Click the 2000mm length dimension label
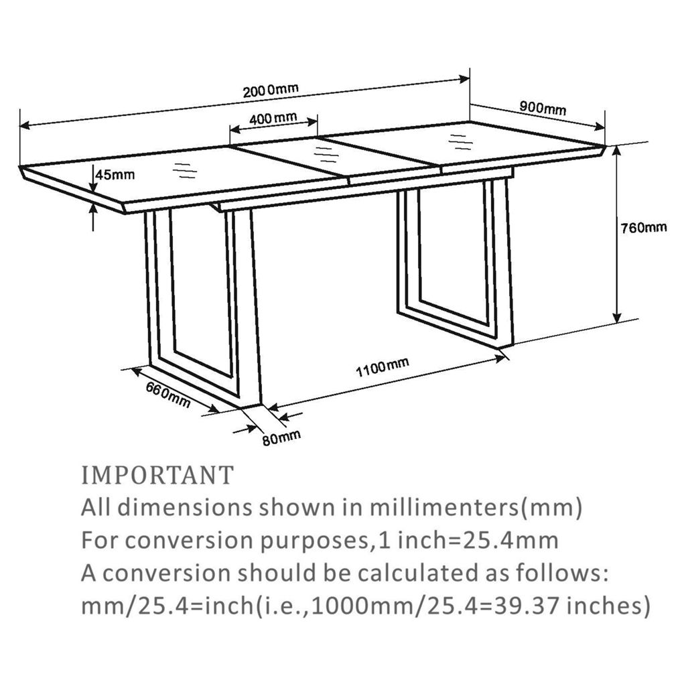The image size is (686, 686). click(x=271, y=90)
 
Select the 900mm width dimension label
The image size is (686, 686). click(x=543, y=107)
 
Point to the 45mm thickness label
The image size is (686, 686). click(x=116, y=175)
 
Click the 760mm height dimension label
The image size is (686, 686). click(x=644, y=228)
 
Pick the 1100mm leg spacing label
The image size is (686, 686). click(x=383, y=366)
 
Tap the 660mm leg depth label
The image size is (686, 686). click(x=168, y=394)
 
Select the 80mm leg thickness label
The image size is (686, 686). click(x=282, y=437)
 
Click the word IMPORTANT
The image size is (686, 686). click(x=158, y=476)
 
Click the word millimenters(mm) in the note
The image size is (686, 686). click(x=476, y=508)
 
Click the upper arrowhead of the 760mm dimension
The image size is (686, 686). click(x=617, y=151)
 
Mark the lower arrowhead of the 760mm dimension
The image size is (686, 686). click(x=617, y=318)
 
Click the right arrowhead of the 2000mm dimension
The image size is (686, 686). click(x=464, y=79)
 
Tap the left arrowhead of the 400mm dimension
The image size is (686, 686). click(x=235, y=129)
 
